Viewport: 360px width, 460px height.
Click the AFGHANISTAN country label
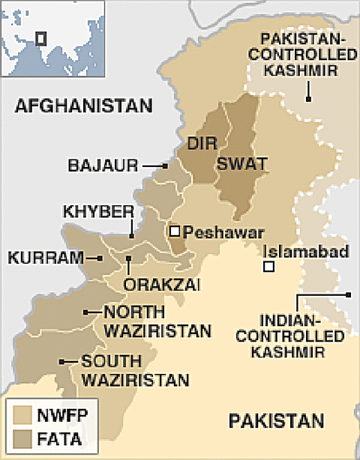[x=83, y=106]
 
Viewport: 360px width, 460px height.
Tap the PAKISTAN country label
[x=277, y=420]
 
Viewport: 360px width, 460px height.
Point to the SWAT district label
[x=241, y=164]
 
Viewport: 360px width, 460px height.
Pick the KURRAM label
[x=46, y=258]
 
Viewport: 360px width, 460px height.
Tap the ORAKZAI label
[x=154, y=285]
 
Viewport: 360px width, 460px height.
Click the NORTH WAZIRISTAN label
[x=157, y=320]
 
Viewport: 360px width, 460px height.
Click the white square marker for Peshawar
[x=174, y=231]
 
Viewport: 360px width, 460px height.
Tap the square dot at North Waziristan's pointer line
[x=87, y=312]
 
